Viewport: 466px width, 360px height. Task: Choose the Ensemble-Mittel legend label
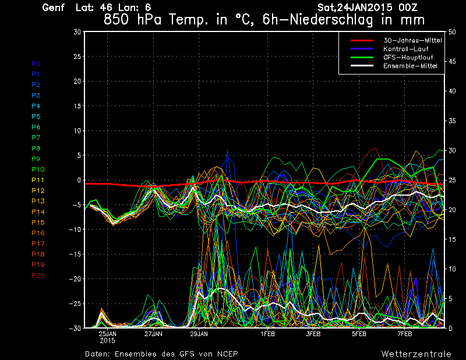[409, 66]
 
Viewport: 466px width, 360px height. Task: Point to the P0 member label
[36, 63]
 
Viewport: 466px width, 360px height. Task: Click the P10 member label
[37, 170]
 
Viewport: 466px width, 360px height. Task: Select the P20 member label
[37, 276]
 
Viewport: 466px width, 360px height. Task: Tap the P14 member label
[37, 212]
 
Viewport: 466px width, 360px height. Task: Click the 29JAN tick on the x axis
[199, 334]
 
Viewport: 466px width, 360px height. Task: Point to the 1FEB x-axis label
[267, 334]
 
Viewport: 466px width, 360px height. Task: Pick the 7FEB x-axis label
[405, 334]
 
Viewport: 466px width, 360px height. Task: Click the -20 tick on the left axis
[75, 279]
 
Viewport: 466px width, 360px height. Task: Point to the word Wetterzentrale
[416, 354]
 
